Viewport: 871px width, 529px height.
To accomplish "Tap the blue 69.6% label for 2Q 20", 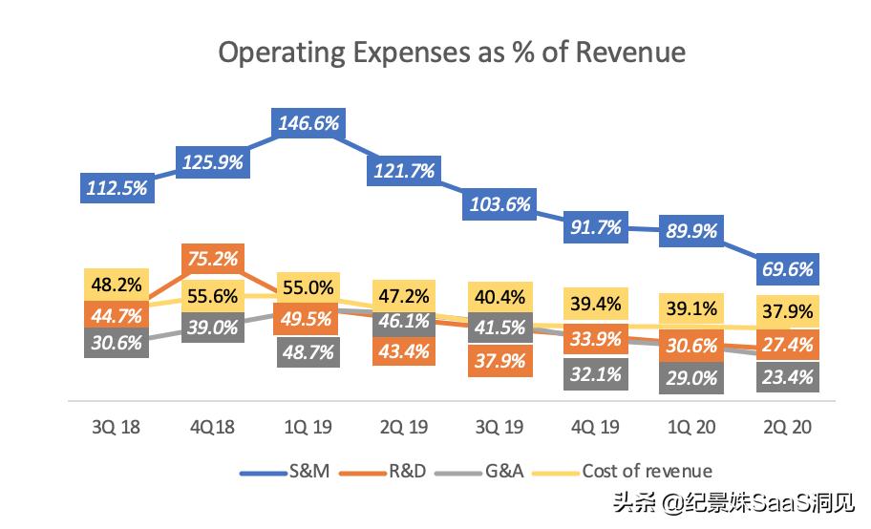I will pos(788,270).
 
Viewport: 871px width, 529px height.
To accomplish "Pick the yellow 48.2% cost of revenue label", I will pos(116,284).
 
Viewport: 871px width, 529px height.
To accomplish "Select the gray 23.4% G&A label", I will pos(788,376).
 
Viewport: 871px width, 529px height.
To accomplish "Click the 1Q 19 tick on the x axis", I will pos(308,427).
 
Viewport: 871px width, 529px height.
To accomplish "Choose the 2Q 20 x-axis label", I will pos(788,427).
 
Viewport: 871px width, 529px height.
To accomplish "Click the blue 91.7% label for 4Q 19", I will pos(596,227).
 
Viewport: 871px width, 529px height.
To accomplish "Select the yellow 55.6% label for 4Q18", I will pos(212,297).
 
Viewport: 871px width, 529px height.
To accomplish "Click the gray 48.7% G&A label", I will pos(308,351).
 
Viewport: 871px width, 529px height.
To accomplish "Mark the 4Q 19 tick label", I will pos(596,427).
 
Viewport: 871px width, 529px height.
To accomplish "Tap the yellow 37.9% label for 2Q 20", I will pos(788,312).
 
